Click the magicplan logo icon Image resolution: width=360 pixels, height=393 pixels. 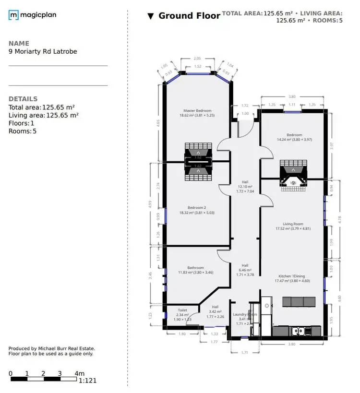pos(13,15)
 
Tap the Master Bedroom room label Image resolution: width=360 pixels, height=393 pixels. pos(197,111)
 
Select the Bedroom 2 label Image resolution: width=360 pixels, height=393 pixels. pos(197,208)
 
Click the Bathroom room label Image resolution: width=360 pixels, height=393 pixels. pos(195,268)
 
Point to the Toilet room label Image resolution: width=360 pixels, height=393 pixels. pos(182,310)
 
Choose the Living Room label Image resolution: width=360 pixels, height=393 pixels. pos(293,224)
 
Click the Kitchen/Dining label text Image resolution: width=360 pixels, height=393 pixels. pos(293,276)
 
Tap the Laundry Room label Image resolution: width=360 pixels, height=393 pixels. pos(245,315)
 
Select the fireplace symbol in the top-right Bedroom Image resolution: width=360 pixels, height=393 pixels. pos(292,176)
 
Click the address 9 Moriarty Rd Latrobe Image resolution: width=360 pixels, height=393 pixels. pos(43,51)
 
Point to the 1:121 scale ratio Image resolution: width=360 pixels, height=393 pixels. pos(87,381)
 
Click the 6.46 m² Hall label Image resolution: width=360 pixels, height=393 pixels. pos(245,270)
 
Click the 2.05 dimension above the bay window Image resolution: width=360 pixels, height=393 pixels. pos(197,59)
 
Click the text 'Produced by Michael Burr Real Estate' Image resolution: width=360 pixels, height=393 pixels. pos(52,349)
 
